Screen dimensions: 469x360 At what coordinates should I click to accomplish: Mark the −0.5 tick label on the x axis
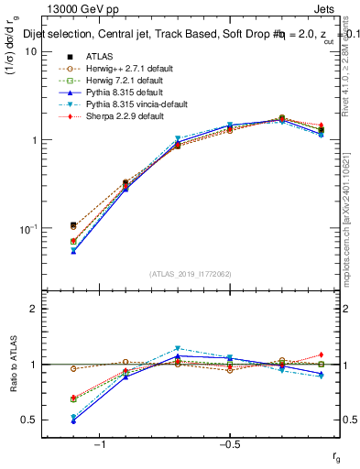click(228, 444)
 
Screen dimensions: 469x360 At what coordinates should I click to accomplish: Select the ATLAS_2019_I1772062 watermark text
click(190, 274)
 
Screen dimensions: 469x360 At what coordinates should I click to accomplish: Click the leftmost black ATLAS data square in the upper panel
click(73, 224)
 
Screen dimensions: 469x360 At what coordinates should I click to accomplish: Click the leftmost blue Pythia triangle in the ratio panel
click(73, 420)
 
